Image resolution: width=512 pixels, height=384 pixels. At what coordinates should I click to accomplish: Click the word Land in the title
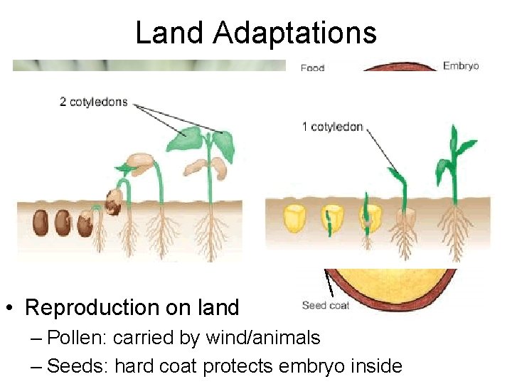169,33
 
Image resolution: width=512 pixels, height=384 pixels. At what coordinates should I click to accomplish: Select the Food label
312,68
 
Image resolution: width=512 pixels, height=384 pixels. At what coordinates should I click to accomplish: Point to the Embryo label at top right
461,66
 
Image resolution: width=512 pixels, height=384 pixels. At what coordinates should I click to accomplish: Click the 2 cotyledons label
93,102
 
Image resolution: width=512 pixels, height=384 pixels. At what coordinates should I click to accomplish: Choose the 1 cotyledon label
332,127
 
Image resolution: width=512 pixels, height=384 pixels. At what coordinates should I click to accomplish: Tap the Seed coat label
326,306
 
